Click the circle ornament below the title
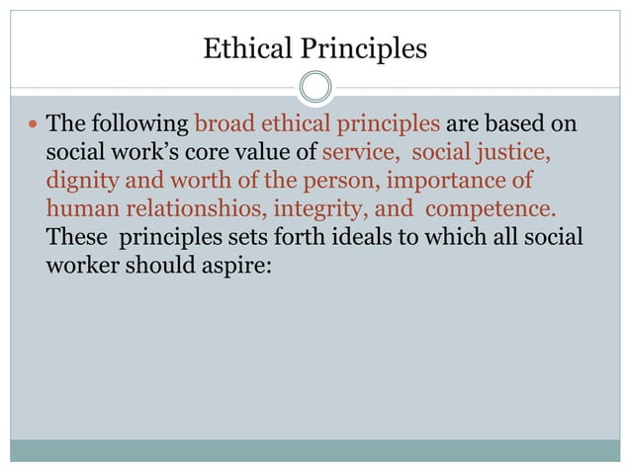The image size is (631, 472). click(x=315, y=88)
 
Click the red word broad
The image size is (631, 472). click(x=222, y=126)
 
